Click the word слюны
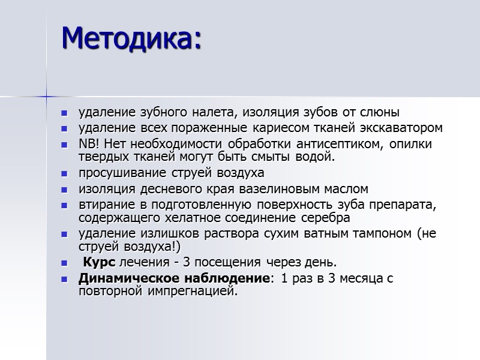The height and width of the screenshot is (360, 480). coord(382,112)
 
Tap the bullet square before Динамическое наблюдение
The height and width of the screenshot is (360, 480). coord(65,279)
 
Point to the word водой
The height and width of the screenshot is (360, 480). coord(318,157)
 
